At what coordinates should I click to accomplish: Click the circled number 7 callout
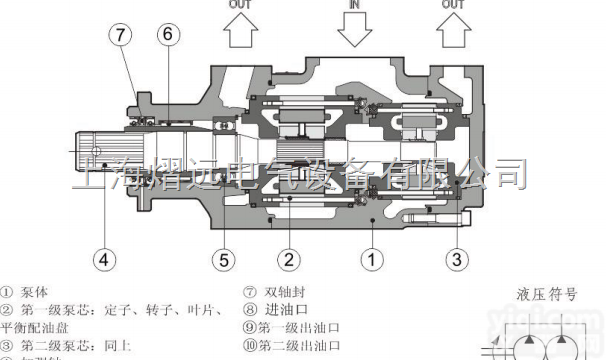pyautogui.click(x=121, y=34)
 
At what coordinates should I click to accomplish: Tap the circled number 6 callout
pyautogui.click(x=168, y=34)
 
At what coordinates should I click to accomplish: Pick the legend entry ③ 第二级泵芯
pyautogui.click(x=59, y=345)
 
